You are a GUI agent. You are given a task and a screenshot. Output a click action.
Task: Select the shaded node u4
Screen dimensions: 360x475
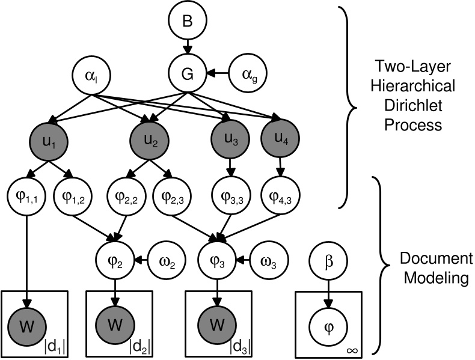click(280, 141)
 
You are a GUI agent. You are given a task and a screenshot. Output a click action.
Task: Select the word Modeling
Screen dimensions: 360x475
click(427, 279)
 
